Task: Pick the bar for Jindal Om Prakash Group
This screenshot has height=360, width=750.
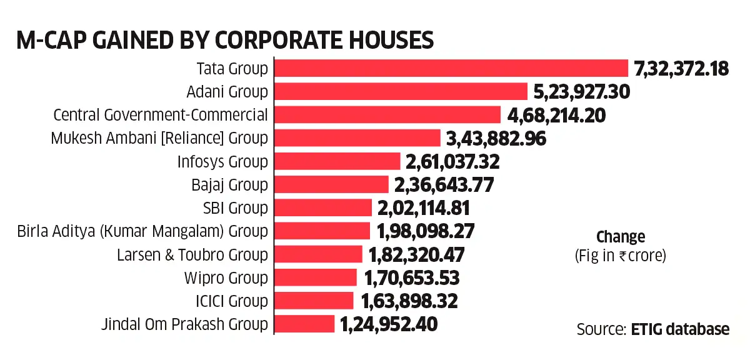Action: pyautogui.click(x=305, y=324)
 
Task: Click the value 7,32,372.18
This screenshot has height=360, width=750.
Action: pyautogui.click(x=681, y=69)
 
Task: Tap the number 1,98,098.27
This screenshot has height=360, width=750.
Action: pyautogui.click(x=425, y=231)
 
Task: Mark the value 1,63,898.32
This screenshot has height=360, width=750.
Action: pyautogui.click(x=409, y=301)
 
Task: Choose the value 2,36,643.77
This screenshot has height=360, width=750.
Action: pyautogui.click(x=444, y=184)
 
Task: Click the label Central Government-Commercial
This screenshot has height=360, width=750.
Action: pyautogui.click(x=161, y=115)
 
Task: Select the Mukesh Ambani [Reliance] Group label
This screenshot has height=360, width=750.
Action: pyautogui.click(x=159, y=138)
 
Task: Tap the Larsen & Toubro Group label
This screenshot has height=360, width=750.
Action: pyautogui.click(x=192, y=254)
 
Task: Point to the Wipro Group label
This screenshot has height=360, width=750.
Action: pyautogui.click(x=226, y=277)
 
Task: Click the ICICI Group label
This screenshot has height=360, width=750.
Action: pyautogui.click(x=231, y=301)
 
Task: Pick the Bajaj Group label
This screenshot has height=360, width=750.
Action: pyautogui.click(x=229, y=184)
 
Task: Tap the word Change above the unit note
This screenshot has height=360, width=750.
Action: pyautogui.click(x=620, y=237)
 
